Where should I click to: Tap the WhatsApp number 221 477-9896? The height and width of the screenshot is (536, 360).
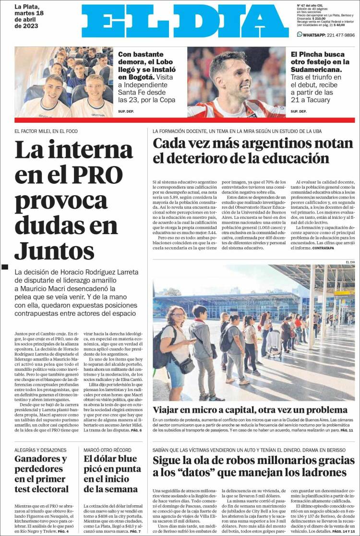(x=336, y=35)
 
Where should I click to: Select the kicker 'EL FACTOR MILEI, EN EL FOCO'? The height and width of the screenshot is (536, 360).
(x=46, y=131)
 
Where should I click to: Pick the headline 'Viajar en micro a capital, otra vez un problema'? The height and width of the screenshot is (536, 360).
(x=250, y=410)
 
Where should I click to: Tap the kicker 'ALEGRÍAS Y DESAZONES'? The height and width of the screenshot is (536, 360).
(x=40, y=450)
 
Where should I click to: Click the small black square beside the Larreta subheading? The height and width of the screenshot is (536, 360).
(x=5, y=266)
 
